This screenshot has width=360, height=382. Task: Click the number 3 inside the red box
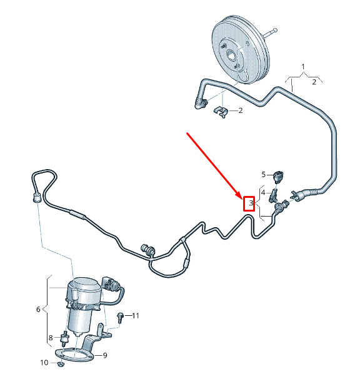tap(251, 203)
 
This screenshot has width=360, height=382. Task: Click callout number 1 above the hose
tap(303, 67)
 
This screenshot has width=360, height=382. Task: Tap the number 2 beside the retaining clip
tap(241, 110)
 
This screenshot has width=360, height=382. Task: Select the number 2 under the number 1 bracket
tap(314, 82)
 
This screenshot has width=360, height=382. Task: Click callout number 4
tap(263, 193)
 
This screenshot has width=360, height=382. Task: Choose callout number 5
tap(263, 174)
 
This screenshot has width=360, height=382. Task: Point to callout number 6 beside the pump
tap(38, 310)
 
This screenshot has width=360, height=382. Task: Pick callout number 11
tap(136, 316)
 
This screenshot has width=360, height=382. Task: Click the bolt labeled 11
tap(120, 318)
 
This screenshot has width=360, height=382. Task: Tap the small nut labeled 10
tap(60, 365)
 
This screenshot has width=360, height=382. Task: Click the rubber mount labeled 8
tap(64, 338)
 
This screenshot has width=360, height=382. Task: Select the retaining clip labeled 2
tap(221, 112)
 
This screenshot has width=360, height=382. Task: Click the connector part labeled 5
tap(277, 177)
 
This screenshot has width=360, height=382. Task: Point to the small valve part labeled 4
tap(273, 195)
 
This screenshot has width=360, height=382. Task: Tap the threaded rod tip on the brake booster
tap(275, 31)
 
